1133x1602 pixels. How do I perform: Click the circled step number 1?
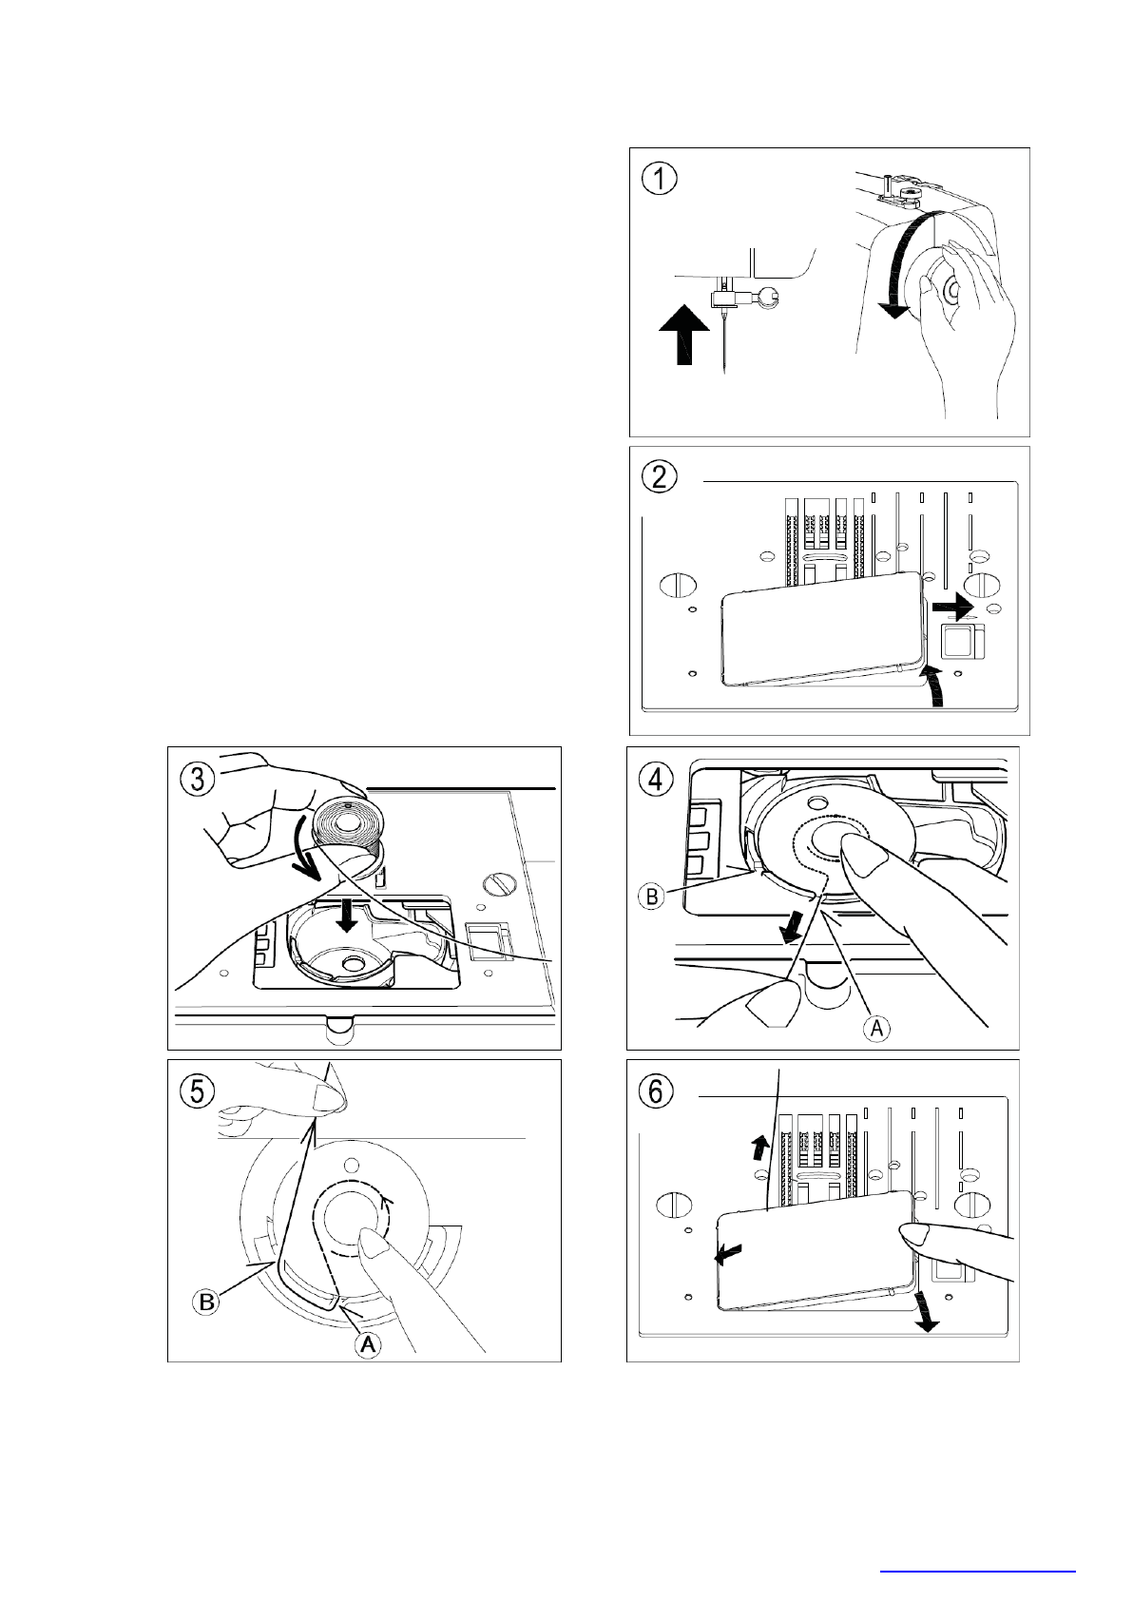[659, 178]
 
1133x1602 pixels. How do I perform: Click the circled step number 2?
[659, 477]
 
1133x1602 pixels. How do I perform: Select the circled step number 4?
[656, 779]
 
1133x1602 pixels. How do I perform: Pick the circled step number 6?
[656, 1091]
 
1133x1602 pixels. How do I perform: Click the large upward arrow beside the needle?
[684, 334]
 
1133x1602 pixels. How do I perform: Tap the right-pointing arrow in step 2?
[952, 608]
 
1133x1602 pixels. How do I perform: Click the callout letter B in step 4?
[651, 897]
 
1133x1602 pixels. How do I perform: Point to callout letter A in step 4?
[876, 1029]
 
